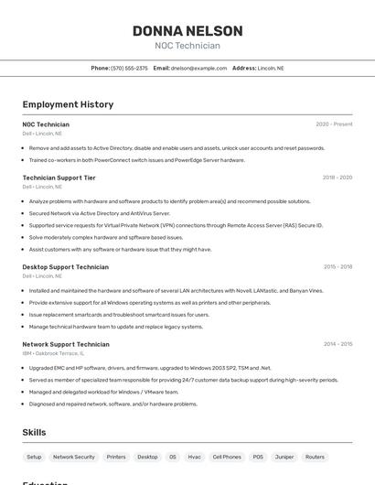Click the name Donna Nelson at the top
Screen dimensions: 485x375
coord(187,31)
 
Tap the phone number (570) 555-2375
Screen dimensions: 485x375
coord(129,68)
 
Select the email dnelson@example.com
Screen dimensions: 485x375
coord(198,68)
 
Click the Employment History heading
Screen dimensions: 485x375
coord(68,104)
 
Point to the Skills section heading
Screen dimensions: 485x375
coord(35,432)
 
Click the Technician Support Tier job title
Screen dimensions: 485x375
coord(59,178)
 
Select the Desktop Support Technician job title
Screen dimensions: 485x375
coord(65,266)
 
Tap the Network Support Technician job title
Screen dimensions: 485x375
coord(66,344)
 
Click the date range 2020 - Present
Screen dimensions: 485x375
coord(334,124)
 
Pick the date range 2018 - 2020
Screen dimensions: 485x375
coord(337,178)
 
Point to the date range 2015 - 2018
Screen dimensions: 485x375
coord(337,266)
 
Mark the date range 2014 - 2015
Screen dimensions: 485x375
coord(337,344)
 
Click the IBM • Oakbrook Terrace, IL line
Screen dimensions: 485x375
coord(53,353)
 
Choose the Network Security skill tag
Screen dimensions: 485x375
coord(74,457)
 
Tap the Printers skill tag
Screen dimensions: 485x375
coord(116,457)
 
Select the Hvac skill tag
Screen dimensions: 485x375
coord(194,457)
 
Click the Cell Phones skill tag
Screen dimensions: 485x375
coord(227,457)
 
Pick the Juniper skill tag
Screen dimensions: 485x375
coord(284,457)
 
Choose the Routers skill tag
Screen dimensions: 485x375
coord(315,457)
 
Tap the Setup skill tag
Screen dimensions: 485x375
coord(34,457)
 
